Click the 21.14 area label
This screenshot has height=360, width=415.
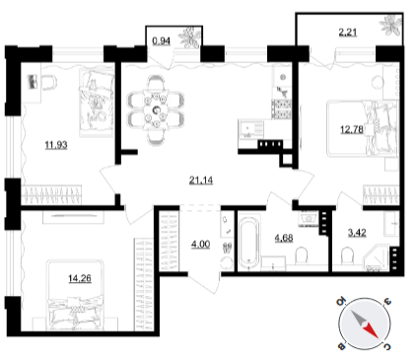(x=201, y=180)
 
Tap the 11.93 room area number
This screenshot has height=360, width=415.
(x=56, y=145)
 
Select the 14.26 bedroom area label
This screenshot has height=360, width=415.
(x=80, y=278)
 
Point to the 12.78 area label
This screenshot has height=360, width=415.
(x=352, y=129)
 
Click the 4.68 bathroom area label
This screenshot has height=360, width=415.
(x=284, y=238)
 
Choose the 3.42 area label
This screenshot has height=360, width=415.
(x=357, y=233)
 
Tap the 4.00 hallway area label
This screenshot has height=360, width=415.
(x=200, y=245)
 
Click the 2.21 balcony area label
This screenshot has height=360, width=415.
(x=347, y=33)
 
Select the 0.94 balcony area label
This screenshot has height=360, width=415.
(x=161, y=41)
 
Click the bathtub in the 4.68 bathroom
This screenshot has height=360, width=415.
(x=249, y=243)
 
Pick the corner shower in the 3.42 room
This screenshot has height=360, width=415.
(x=376, y=258)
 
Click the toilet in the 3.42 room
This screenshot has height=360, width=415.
(x=347, y=256)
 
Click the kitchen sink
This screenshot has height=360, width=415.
(x=250, y=129)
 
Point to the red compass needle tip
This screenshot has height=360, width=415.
(x=377, y=337)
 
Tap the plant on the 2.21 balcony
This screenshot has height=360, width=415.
(x=391, y=25)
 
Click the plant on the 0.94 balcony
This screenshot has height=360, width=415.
(x=189, y=36)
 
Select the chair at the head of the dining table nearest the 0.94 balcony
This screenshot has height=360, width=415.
(x=156, y=83)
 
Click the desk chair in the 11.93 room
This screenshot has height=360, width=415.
(x=49, y=82)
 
